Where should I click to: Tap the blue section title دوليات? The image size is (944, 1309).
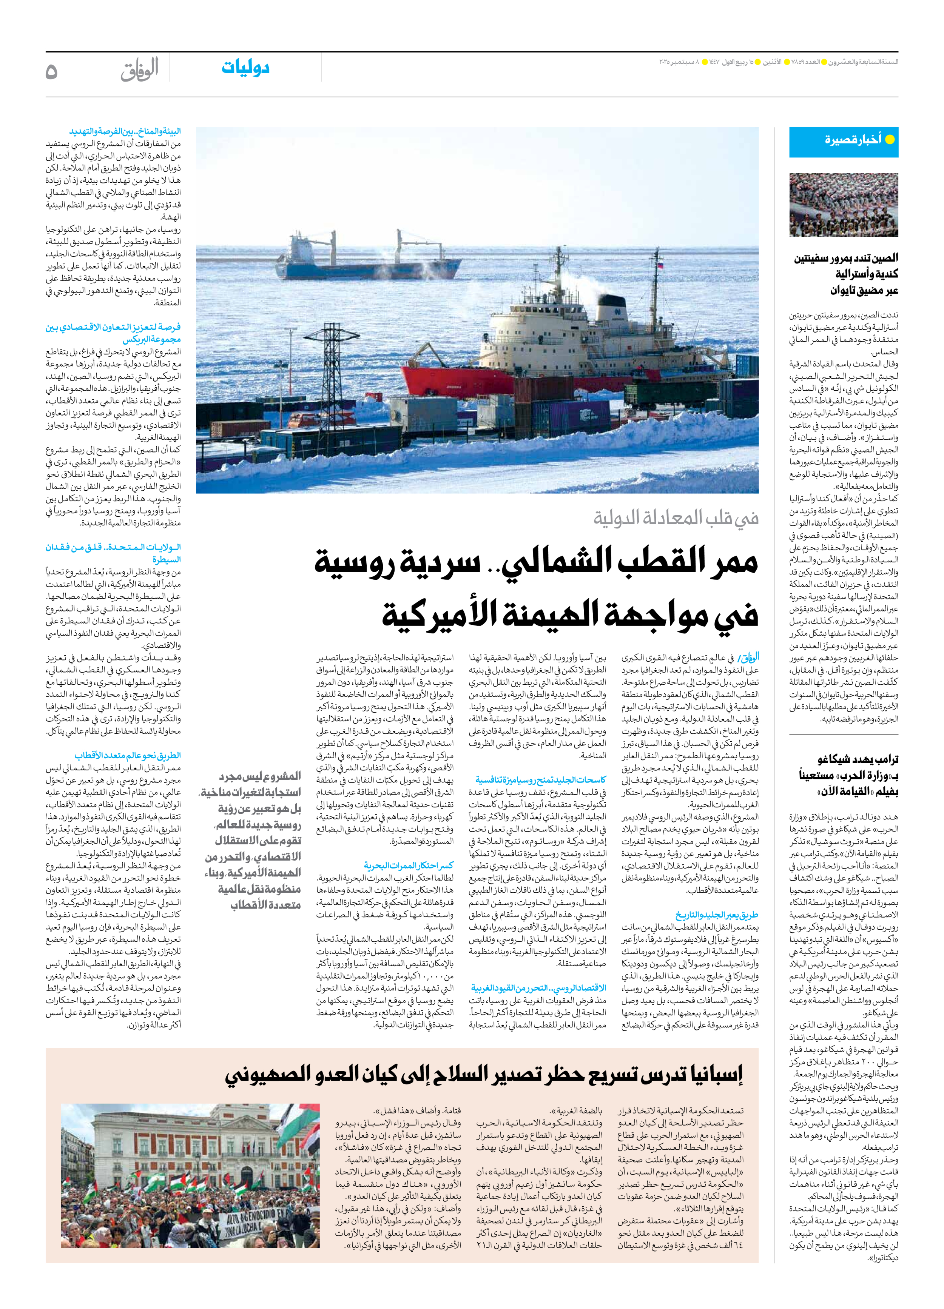tap(245, 68)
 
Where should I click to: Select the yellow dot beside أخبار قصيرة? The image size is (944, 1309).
tap(890, 139)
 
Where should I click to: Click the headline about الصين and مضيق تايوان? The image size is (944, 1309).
tap(846, 274)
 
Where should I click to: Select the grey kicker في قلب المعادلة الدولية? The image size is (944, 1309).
tap(676, 518)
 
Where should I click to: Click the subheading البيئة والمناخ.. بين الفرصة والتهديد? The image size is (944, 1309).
tap(125, 132)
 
